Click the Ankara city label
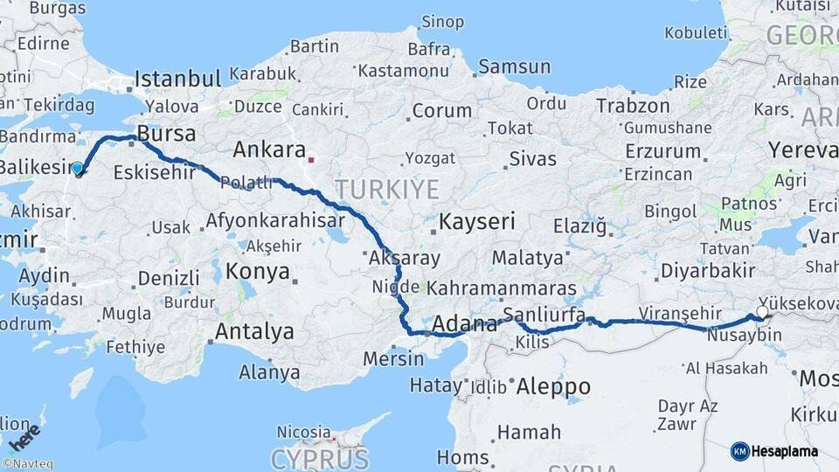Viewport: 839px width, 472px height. coord(268,149)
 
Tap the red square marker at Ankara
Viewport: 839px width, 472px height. coord(310,161)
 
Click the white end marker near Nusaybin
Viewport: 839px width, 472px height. coord(762,312)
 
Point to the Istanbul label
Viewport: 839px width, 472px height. coord(177,79)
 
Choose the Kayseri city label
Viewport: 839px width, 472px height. coord(476,221)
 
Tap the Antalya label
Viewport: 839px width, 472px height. coord(253,331)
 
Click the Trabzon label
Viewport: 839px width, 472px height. coord(633,106)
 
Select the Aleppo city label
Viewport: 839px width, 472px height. coord(553,385)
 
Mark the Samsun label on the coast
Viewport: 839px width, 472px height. coord(514,66)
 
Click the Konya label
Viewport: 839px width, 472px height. coord(258,271)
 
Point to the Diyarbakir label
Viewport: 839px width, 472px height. coord(707,270)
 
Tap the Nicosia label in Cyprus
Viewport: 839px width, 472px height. coord(303,432)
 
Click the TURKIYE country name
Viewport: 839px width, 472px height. coord(386,188)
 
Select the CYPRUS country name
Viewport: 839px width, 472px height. coord(319,458)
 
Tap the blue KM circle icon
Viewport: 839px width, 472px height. coord(739,451)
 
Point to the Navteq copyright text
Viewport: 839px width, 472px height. coord(28,464)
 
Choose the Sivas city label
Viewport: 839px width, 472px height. coord(532,159)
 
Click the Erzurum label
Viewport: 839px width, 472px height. coord(662,150)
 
